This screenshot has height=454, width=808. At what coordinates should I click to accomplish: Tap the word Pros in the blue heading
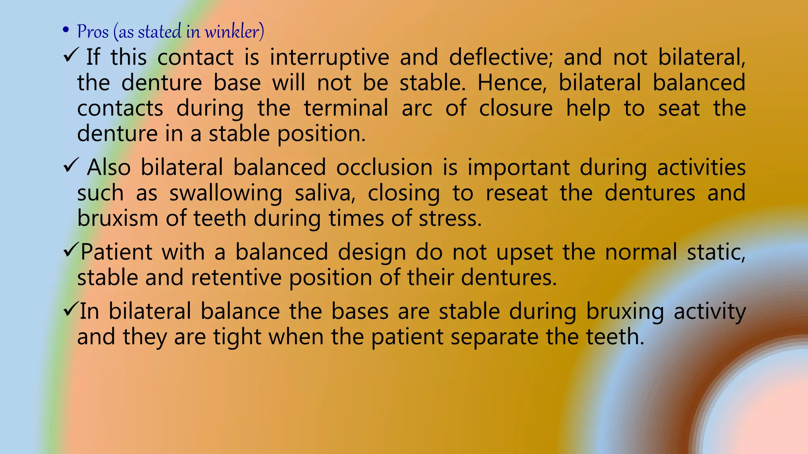point(93,32)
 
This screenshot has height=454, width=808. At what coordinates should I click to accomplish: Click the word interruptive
point(329,57)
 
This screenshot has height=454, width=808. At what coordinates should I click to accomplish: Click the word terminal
point(346,108)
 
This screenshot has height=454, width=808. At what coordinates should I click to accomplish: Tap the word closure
point(516,108)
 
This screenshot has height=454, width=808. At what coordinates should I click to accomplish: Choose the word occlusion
point(384,167)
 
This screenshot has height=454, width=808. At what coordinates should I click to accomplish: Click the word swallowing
point(226,194)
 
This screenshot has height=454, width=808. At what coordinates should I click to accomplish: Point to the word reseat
point(516,194)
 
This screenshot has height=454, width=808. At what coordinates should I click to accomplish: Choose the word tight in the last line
point(237,337)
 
